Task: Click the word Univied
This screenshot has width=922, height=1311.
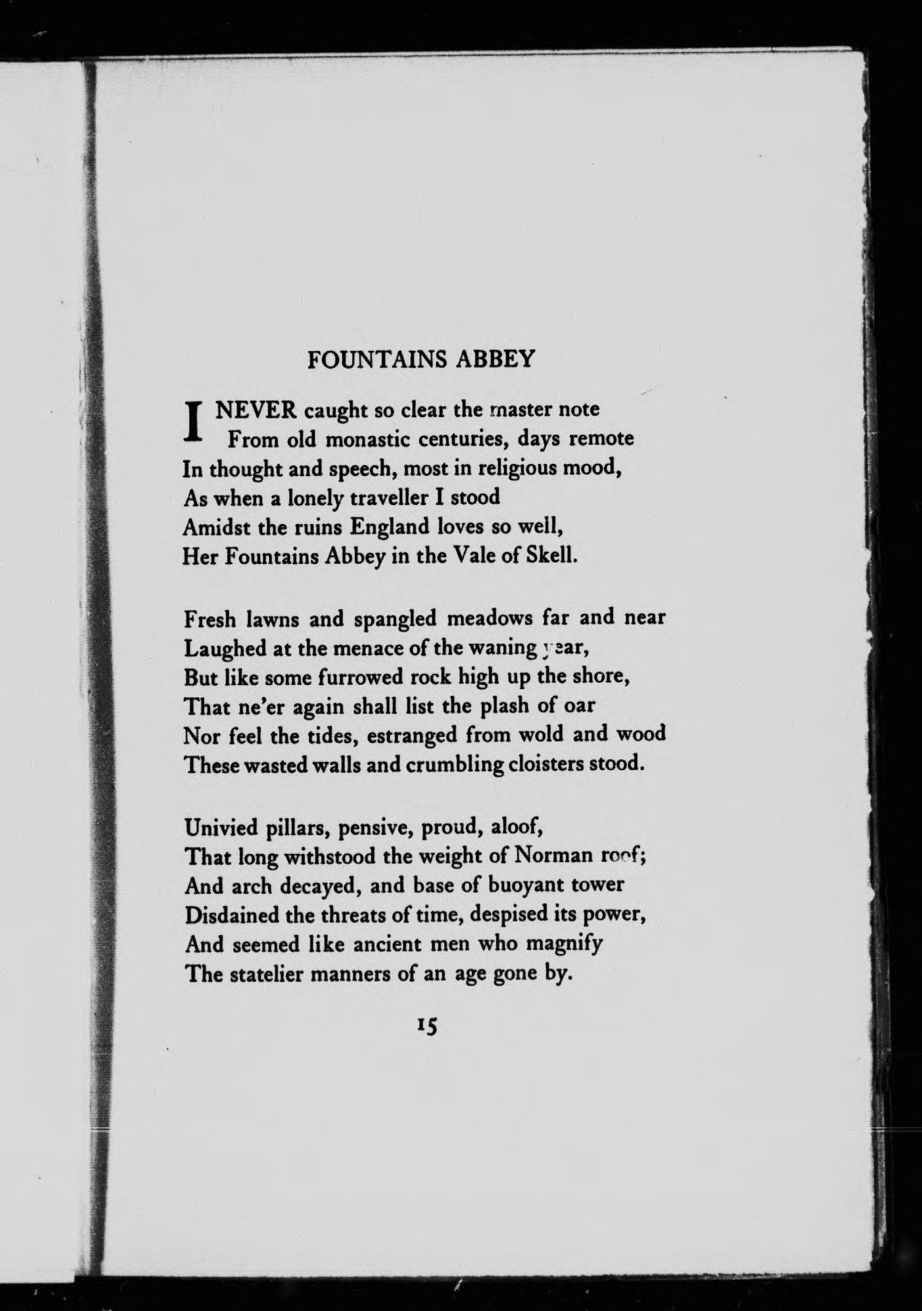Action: pos(220,827)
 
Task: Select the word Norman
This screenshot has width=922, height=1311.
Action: pos(552,856)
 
